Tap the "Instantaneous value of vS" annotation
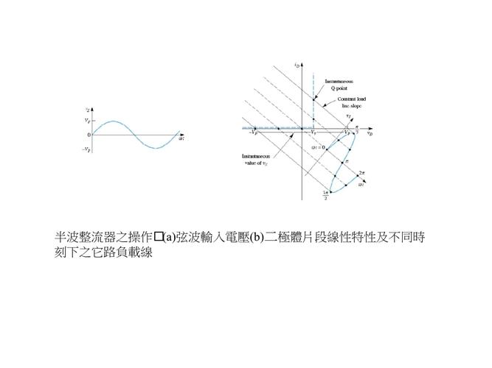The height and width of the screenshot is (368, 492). pyautogui.click(x=255, y=160)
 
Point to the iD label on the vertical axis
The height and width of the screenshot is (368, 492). pyautogui.click(x=296, y=66)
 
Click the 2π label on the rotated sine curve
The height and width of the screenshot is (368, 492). pyautogui.click(x=362, y=171)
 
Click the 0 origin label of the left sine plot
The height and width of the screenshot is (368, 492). pyautogui.click(x=89, y=135)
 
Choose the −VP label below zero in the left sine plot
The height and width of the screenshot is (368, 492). pyautogui.click(x=86, y=149)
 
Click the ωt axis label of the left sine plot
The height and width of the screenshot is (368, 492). pyautogui.click(x=181, y=138)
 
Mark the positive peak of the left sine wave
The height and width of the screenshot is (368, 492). pyautogui.click(x=111, y=121)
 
